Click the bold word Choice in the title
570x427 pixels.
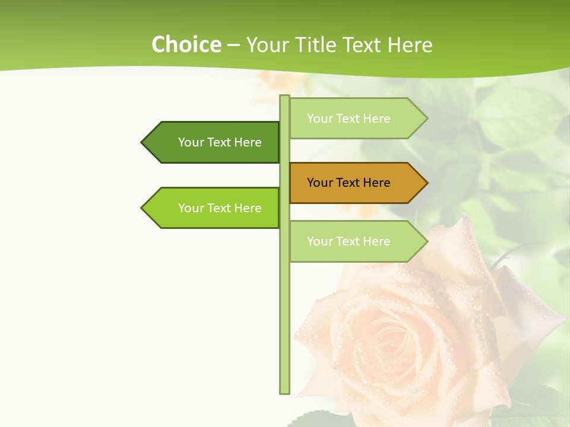click(186, 44)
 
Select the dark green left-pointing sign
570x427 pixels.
click(211, 142)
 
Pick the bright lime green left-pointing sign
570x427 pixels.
click(211, 208)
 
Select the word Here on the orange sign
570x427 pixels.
click(375, 183)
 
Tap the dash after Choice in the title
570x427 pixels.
click(233, 45)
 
